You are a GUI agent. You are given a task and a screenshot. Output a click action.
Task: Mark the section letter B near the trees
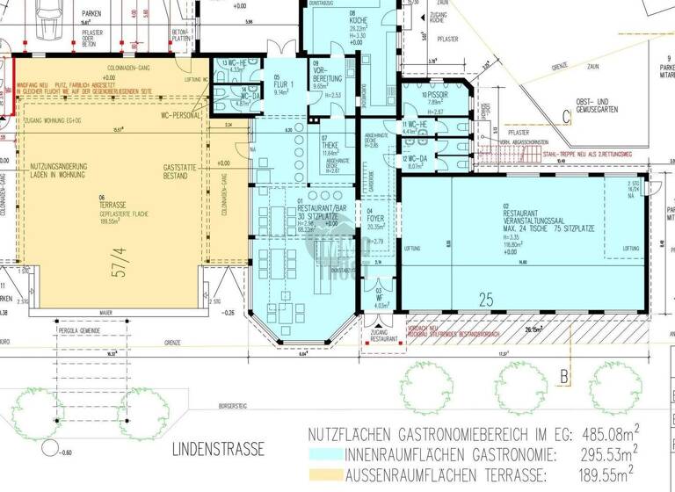[562, 378]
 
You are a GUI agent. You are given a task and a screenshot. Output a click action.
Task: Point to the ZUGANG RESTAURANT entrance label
[383, 335]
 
